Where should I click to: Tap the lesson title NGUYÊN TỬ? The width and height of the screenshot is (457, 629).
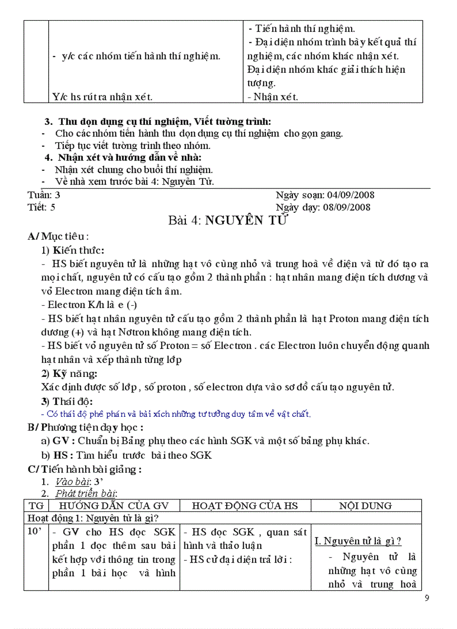point(246,220)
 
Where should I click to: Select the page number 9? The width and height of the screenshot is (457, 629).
point(427,598)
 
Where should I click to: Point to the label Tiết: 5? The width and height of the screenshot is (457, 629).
point(41,207)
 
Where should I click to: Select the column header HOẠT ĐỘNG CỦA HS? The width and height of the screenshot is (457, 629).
point(245,506)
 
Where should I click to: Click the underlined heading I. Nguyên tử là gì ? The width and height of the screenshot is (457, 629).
point(358,541)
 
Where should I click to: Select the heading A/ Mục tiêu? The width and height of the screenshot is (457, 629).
point(58,236)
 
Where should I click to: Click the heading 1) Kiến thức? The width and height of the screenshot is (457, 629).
point(73,250)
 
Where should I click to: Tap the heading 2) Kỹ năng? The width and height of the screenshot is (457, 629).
point(69,374)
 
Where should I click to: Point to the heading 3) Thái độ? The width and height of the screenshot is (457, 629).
point(67,401)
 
